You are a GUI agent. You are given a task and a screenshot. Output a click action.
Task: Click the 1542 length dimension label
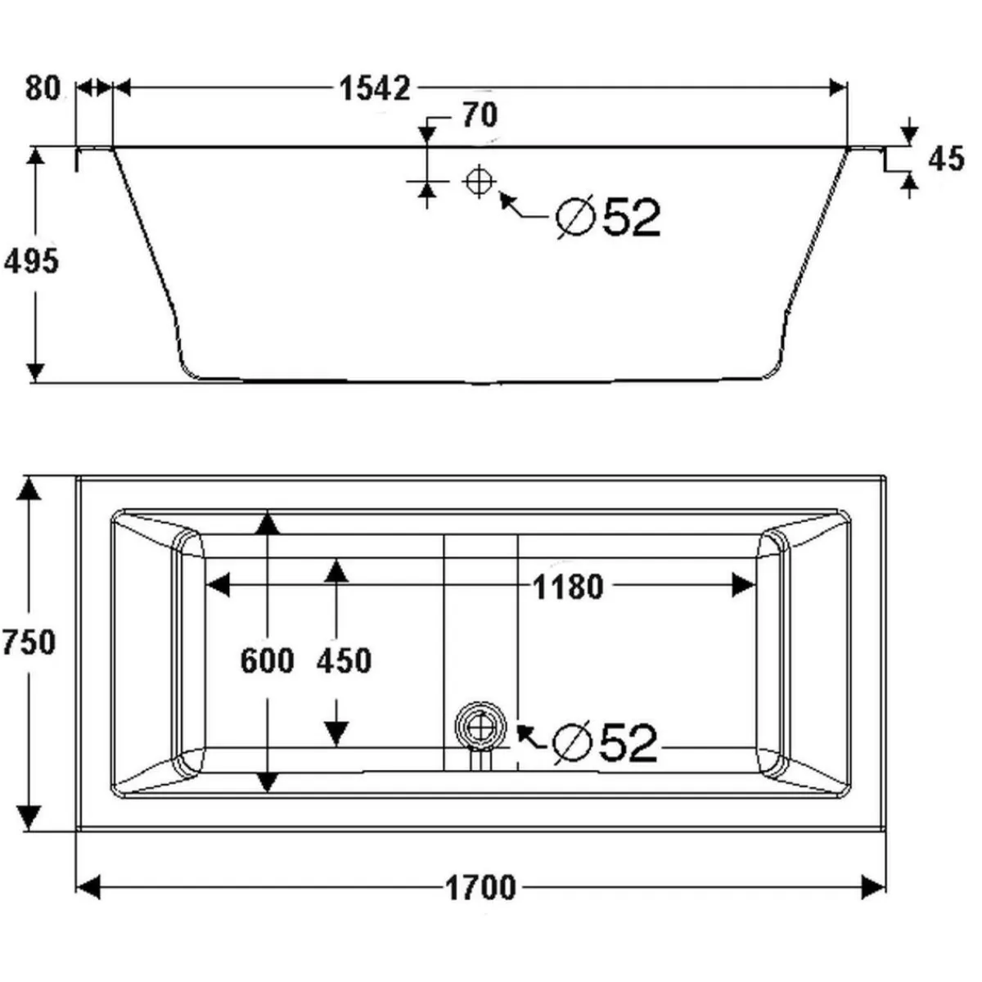click(375, 88)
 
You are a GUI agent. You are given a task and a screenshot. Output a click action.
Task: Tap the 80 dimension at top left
click(43, 88)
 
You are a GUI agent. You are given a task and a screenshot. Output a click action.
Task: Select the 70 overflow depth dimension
click(480, 115)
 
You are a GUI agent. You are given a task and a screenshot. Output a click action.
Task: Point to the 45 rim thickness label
click(946, 159)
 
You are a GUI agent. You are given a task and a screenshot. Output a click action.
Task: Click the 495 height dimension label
click(31, 262)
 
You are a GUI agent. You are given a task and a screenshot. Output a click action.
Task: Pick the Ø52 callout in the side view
click(608, 217)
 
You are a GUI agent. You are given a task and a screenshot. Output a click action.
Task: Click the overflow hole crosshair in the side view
click(480, 181)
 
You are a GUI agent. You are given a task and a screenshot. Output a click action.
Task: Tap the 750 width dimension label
click(29, 642)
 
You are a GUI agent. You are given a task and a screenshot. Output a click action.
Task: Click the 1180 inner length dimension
click(568, 587)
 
